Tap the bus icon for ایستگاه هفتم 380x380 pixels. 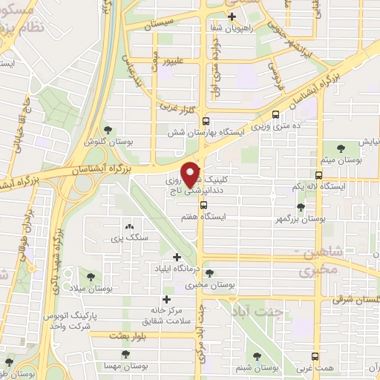click(203, 206)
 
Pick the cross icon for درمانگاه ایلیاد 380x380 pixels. click(176, 257)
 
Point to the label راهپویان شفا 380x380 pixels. click(232, 27)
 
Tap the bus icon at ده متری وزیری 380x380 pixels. click(276, 115)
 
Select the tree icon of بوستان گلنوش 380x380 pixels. click(110, 131)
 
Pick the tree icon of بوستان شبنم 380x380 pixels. click(258, 357)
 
